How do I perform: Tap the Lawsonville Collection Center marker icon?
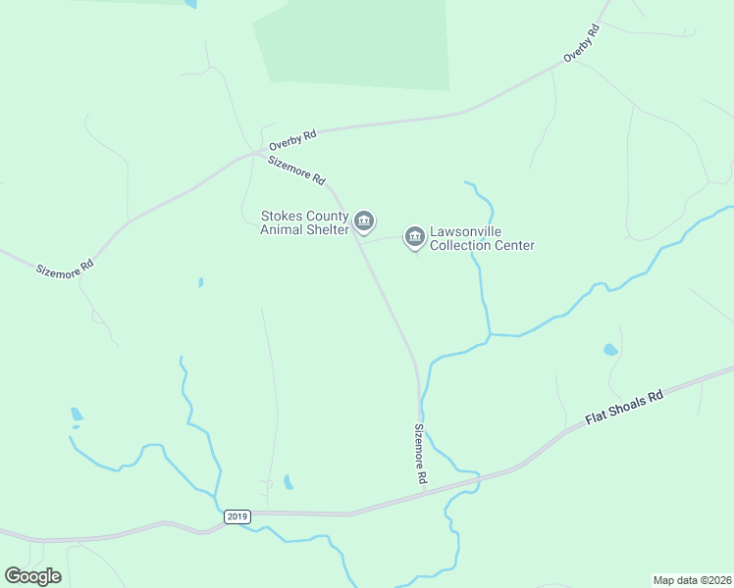point(414,237)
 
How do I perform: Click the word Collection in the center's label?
point(465,246)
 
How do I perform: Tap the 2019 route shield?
point(237,516)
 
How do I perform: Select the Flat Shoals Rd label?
point(625,407)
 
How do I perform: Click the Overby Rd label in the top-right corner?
point(581,44)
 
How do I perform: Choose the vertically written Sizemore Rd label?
point(420,454)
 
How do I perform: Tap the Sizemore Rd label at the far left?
point(66,266)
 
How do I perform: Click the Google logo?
point(32,576)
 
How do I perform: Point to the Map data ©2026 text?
point(691,579)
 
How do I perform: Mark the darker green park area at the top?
point(353,44)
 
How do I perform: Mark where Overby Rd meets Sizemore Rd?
point(257,153)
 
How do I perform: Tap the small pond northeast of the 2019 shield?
point(288,482)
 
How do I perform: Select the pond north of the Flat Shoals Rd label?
point(610,350)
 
